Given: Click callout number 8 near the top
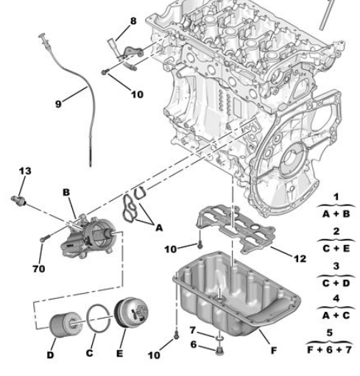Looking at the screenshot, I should click(x=133, y=21).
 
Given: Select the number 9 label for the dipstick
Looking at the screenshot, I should click(x=58, y=104).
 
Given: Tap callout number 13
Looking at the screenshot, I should click(x=25, y=171).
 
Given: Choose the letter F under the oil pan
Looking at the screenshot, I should click(x=273, y=350).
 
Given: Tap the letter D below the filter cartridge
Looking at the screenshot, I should click(x=51, y=355).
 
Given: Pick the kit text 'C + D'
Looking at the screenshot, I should click(x=335, y=280).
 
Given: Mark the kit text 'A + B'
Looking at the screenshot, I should click(x=335, y=214).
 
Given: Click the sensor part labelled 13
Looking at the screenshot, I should click(x=20, y=199).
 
